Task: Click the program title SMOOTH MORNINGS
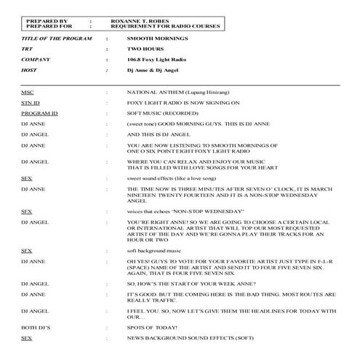(x=148, y=36)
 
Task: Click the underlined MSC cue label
(x=27, y=93)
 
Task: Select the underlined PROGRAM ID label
(x=39, y=113)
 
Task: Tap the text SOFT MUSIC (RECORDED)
(x=156, y=113)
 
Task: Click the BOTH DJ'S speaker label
(x=34, y=329)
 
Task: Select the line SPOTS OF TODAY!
(x=149, y=329)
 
